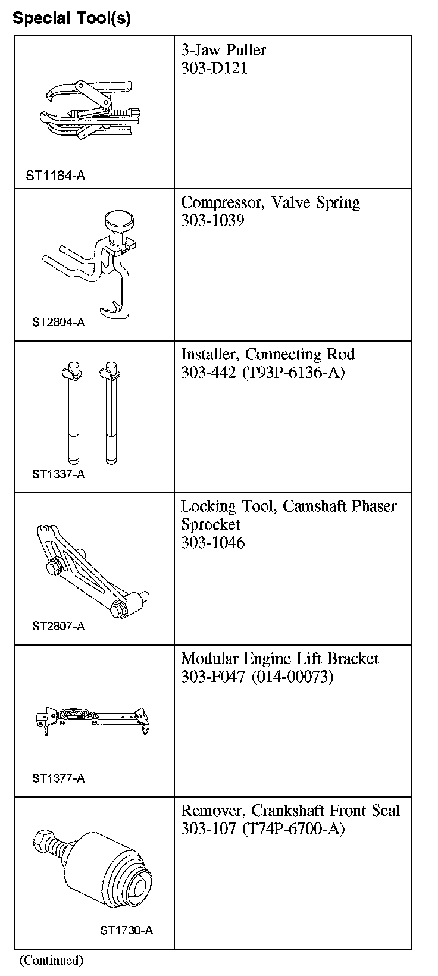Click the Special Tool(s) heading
click(x=71, y=18)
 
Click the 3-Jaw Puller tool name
click(x=223, y=50)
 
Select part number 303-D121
click(x=214, y=68)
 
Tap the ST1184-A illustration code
click(x=55, y=176)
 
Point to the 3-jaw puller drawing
click(x=92, y=110)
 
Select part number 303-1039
click(x=212, y=220)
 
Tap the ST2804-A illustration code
click(x=58, y=322)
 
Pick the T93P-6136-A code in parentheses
click(x=293, y=373)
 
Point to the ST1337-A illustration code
click(x=58, y=474)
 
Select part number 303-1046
click(x=212, y=542)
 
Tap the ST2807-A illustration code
click(x=58, y=626)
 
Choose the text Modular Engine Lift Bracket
click(x=280, y=658)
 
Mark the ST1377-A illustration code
click(x=58, y=778)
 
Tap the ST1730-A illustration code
click(x=126, y=930)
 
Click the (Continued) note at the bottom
click(x=52, y=960)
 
